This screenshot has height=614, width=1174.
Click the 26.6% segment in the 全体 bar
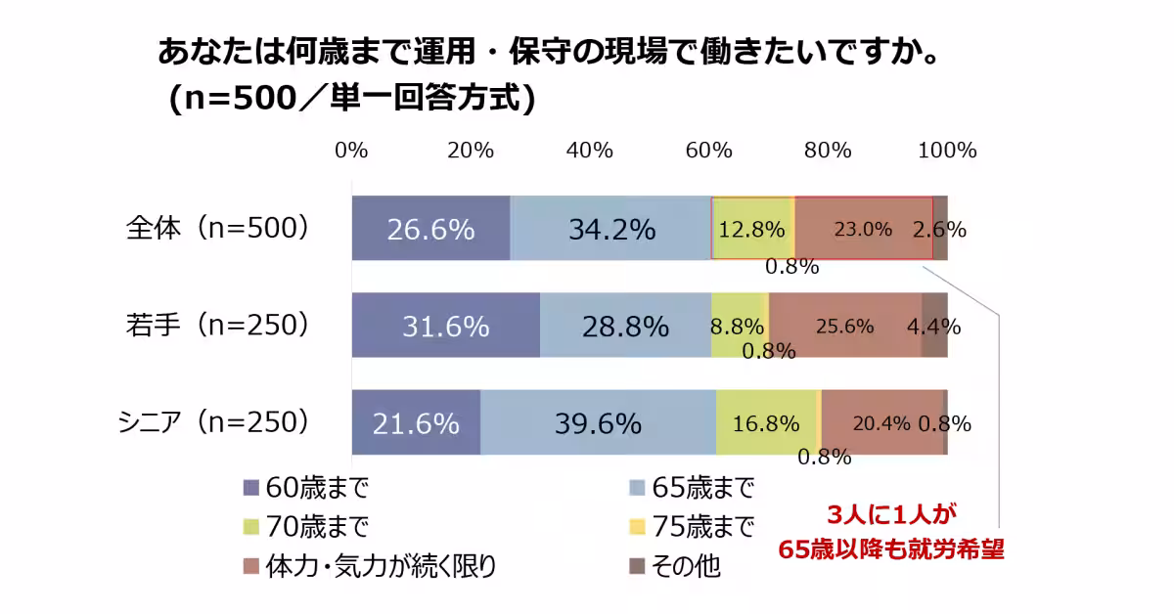pyautogui.click(x=430, y=228)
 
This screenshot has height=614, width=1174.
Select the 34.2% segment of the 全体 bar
pyautogui.click(x=611, y=228)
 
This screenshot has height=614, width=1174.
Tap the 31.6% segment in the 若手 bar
pyautogui.click(x=445, y=326)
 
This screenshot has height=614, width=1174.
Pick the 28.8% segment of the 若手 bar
pyautogui.click(x=625, y=326)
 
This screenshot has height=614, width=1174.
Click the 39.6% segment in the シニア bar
pyautogui.click(x=598, y=422)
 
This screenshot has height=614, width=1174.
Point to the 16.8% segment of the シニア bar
pyautogui.click(x=766, y=422)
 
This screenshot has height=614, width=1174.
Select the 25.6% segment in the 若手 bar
pyautogui.click(x=844, y=326)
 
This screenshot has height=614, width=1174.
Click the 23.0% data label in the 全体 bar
pyautogui.click(x=862, y=230)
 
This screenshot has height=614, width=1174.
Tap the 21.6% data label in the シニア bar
pyautogui.click(x=416, y=423)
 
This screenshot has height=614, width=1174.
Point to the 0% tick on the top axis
pyautogui.click(x=351, y=151)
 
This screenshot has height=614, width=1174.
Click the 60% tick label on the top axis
pyautogui.click(x=709, y=151)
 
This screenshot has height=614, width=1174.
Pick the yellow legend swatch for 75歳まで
pyautogui.click(x=637, y=527)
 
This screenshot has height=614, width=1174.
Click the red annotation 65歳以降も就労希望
pyautogui.click(x=891, y=549)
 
